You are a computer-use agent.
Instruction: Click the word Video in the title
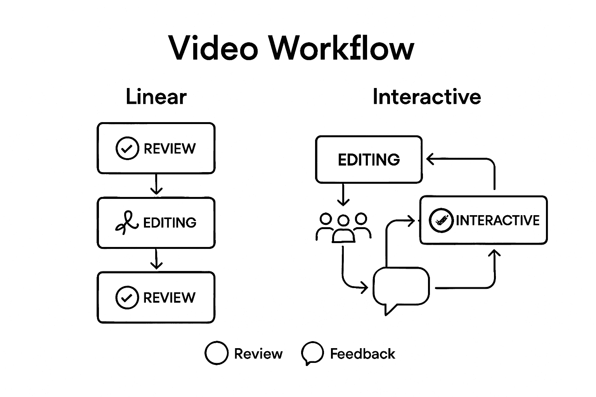[x=213, y=48]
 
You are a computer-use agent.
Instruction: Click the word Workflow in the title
[x=341, y=48]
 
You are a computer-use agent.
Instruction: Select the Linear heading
[x=156, y=97]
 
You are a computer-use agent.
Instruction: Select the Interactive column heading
[x=426, y=97]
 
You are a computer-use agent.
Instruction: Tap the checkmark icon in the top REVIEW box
[x=127, y=148]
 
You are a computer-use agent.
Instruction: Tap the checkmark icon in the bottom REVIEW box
[x=127, y=297]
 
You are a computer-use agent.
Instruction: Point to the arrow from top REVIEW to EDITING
[x=156, y=185]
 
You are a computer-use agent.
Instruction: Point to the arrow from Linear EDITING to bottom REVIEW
[x=156, y=259]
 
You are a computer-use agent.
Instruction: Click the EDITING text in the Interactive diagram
[x=369, y=160]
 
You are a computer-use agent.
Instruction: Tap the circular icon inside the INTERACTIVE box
[x=441, y=220]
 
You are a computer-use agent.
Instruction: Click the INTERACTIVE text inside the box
[x=497, y=220]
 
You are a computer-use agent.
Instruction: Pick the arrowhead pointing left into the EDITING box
[x=430, y=159]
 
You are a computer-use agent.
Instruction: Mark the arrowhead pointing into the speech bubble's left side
[x=364, y=288]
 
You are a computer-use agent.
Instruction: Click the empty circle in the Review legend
[x=216, y=353]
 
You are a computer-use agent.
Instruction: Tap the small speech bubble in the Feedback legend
[x=312, y=353]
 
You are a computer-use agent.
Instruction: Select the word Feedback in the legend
[x=362, y=354]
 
